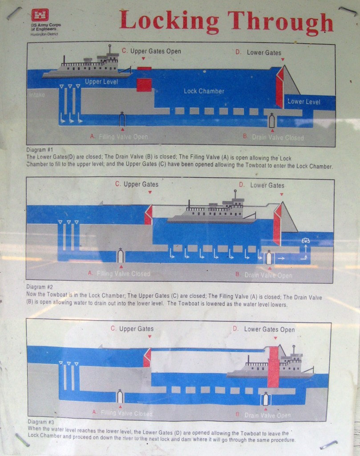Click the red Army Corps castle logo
(40, 15)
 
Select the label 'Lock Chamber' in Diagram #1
(204, 91)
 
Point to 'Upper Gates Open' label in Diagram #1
(155, 51)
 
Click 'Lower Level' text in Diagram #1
(303, 102)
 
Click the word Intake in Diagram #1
(36, 95)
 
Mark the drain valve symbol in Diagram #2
(268, 258)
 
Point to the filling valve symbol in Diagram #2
(120, 256)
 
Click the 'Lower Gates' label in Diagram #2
(267, 185)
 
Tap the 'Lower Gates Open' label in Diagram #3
(269, 330)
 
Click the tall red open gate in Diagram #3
(273, 367)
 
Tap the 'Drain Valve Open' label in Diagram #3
(267, 415)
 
